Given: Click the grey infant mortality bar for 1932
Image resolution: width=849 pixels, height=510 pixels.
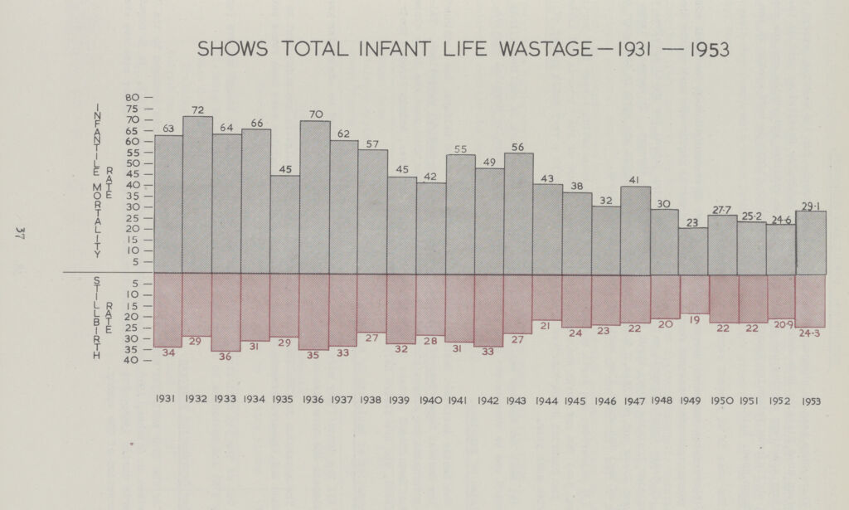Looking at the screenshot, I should point(197,195).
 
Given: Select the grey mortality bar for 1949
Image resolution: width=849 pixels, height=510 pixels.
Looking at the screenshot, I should point(693,250).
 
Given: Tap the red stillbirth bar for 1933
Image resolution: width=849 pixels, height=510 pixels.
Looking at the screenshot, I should point(226,312).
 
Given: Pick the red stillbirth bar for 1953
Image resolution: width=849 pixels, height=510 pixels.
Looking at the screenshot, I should point(810,300).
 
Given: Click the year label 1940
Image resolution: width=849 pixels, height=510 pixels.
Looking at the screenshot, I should point(430,400).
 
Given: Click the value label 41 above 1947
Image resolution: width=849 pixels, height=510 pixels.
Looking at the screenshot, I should point(635,180).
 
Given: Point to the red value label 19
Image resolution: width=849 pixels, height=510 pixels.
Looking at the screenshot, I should point(694,320).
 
